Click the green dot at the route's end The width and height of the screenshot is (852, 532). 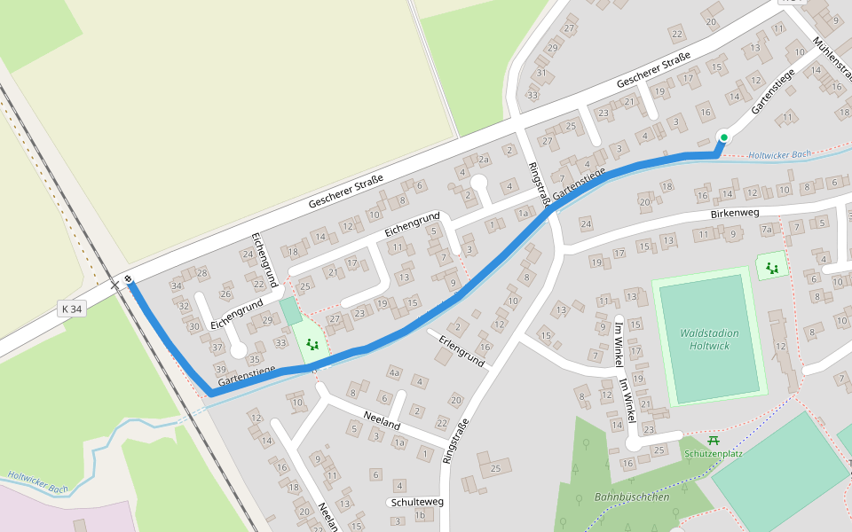point(724,137)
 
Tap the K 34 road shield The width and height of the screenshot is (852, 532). point(72,309)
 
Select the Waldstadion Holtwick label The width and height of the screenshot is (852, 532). point(709,339)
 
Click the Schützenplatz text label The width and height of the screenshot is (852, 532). point(714,453)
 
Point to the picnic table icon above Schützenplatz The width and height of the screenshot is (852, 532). point(713,441)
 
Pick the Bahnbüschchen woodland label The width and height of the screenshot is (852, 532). point(632,497)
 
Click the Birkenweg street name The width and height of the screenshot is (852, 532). point(737,215)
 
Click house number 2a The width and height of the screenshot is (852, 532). point(484,160)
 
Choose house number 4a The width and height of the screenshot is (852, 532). point(395,372)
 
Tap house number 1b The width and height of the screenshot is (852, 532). point(422,515)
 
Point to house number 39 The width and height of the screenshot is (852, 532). point(220,368)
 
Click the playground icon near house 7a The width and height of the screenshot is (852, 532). point(772,266)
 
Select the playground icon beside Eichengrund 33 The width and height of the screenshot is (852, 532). point(312,343)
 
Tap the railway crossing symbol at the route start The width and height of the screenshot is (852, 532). point(129,280)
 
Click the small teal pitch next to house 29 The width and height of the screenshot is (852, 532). point(291,311)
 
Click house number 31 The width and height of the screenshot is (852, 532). point(541,73)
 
